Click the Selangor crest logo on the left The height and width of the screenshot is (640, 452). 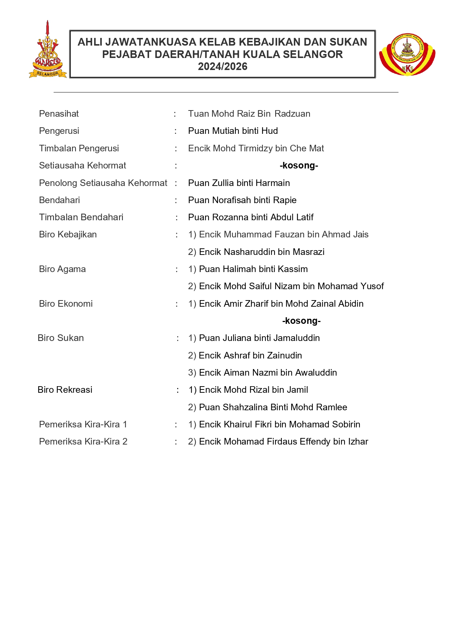click(x=47, y=51)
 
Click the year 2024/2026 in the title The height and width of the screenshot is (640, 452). click(x=222, y=67)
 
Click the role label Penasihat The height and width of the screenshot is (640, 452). click(x=59, y=114)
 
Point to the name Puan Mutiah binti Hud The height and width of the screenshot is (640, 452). click(x=233, y=131)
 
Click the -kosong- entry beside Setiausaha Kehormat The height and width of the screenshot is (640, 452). click(x=299, y=166)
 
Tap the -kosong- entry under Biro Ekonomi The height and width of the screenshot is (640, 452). click(x=301, y=321)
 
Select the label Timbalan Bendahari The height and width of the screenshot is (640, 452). click(x=81, y=217)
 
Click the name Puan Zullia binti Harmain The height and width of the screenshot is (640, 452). click(x=239, y=183)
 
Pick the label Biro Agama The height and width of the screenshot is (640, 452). click(x=62, y=269)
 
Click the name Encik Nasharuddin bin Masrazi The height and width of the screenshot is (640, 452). click(x=256, y=252)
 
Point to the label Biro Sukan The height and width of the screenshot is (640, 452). click(x=61, y=338)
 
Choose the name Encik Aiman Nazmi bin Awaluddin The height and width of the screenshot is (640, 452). click(x=262, y=373)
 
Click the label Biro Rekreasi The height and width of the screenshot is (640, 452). click(x=65, y=390)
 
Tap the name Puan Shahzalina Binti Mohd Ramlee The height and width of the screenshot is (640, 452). click(x=267, y=407)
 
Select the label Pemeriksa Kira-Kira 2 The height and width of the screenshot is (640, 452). click(x=83, y=442)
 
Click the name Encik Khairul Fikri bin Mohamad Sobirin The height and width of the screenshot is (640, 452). click(x=274, y=424)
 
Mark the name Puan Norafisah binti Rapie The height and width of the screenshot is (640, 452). click(x=242, y=200)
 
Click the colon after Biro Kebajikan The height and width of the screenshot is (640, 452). click(x=177, y=235)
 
